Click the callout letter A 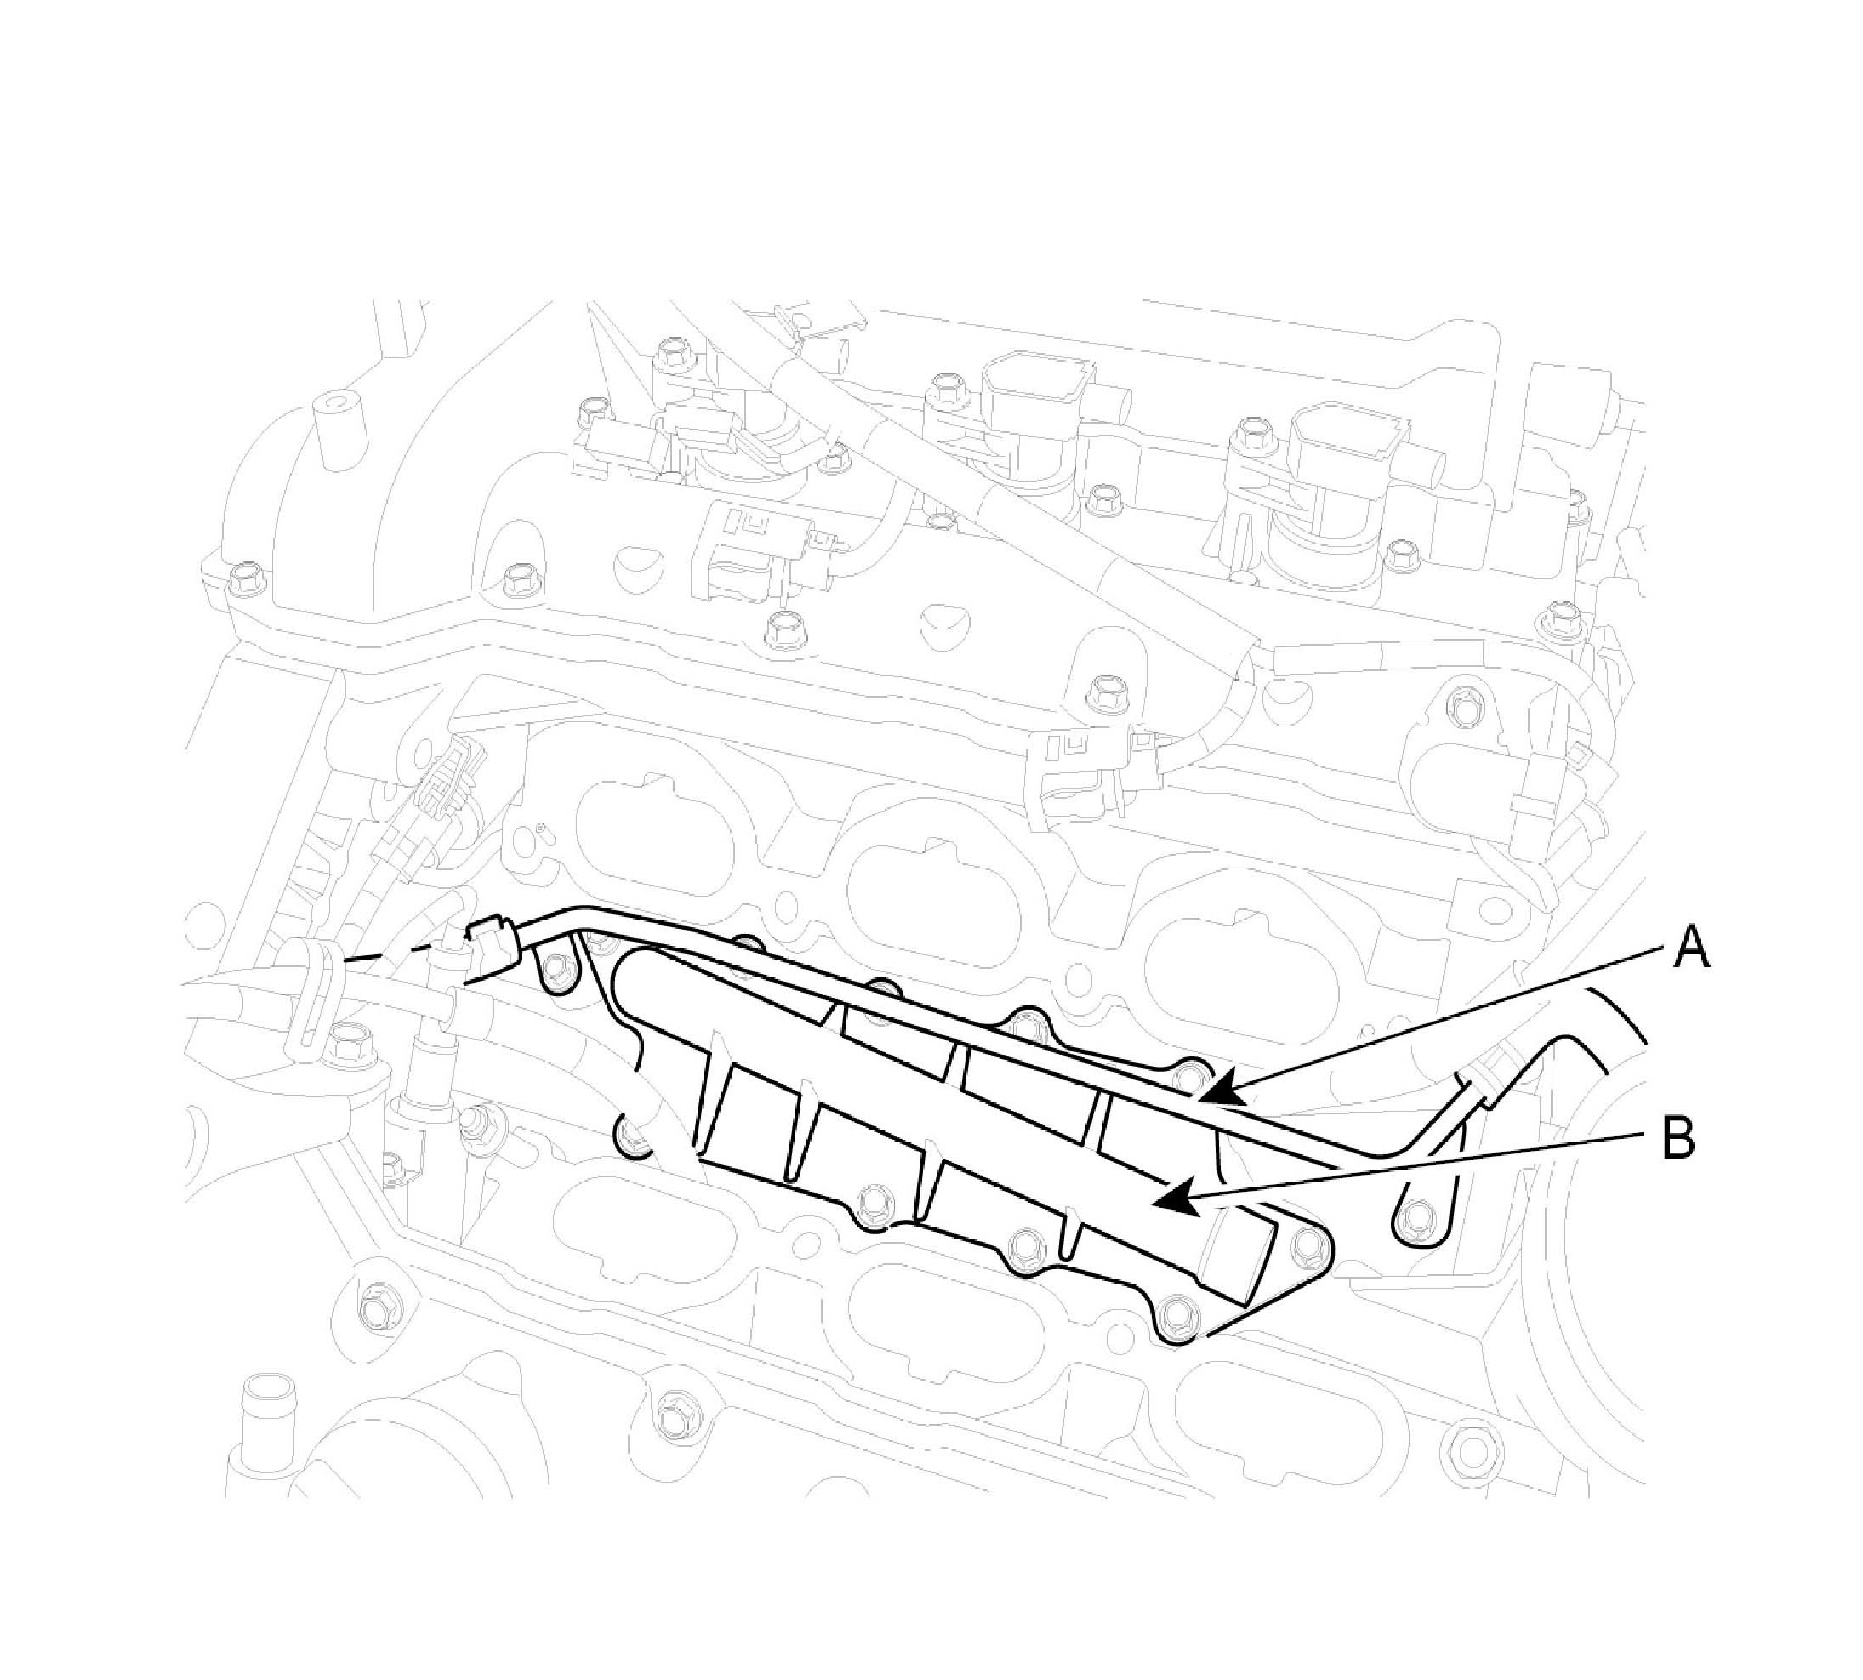coord(1691,948)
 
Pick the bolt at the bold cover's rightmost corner coord(1307,1249)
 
